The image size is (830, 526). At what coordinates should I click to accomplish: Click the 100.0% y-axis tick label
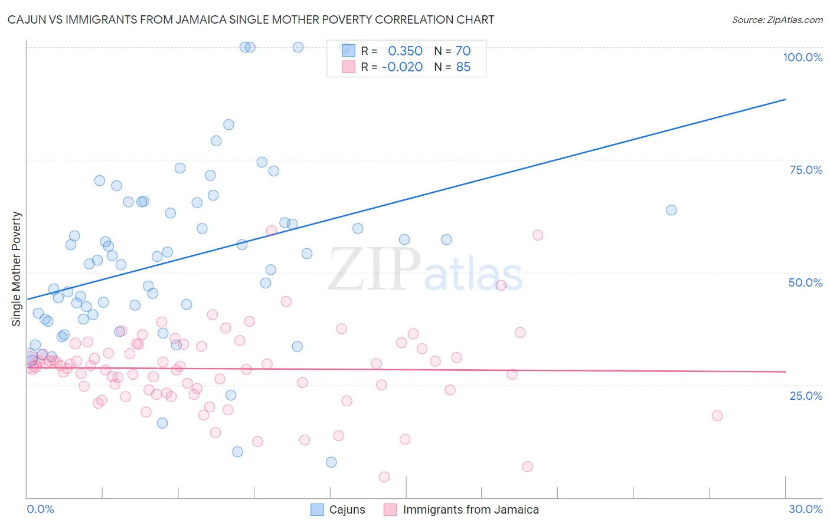[x=802, y=57]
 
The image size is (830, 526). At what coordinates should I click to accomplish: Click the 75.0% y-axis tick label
[x=806, y=170]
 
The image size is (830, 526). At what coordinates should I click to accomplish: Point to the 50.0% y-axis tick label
[x=805, y=282]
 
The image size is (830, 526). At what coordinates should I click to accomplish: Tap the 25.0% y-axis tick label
[x=806, y=396]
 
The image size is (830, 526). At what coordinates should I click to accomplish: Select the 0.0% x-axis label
[x=40, y=509]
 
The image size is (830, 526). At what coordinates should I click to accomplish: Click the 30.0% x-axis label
[x=805, y=509]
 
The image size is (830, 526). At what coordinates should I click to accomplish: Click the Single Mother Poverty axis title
[x=17, y=269]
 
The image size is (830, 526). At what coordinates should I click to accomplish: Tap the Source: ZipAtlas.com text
[x=777, y=19]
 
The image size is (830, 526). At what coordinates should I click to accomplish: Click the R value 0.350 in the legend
[x=405, y=51]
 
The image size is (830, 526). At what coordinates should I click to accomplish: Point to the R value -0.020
[x=402, y=67]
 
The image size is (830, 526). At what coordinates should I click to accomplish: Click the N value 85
[x=463, y=67]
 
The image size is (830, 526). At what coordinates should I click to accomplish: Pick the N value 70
[x=463, y=51]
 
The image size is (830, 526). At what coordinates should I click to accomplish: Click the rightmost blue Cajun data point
[x=671, y=210]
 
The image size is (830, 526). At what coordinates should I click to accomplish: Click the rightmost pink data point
[x=717, y=415]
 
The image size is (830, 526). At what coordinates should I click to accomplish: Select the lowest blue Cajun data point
[x=331, y=462]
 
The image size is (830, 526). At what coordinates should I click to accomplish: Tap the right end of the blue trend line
[x=785, y=100]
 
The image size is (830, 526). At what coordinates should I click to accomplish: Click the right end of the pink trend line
[x=785, y=372]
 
